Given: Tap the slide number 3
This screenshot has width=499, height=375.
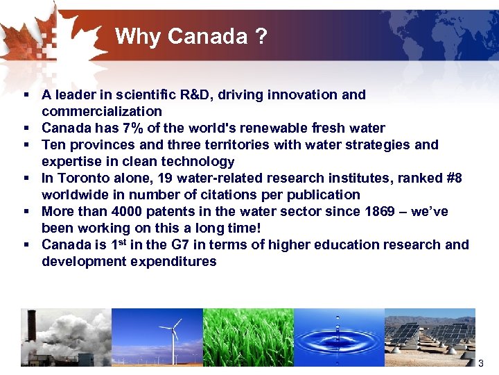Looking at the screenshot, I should pyautogui.click(x=481, y=363).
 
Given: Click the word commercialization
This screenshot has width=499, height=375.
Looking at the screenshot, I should pyautogui.click(x=102, y=111).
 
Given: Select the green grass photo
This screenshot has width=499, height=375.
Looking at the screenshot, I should pyautogui.click(x=247, y=337).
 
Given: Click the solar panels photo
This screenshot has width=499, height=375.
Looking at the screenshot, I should pyautogui.click(x=430, y=337).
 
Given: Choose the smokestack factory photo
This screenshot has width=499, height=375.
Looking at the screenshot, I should pyautogui.click(x=66, y=337).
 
